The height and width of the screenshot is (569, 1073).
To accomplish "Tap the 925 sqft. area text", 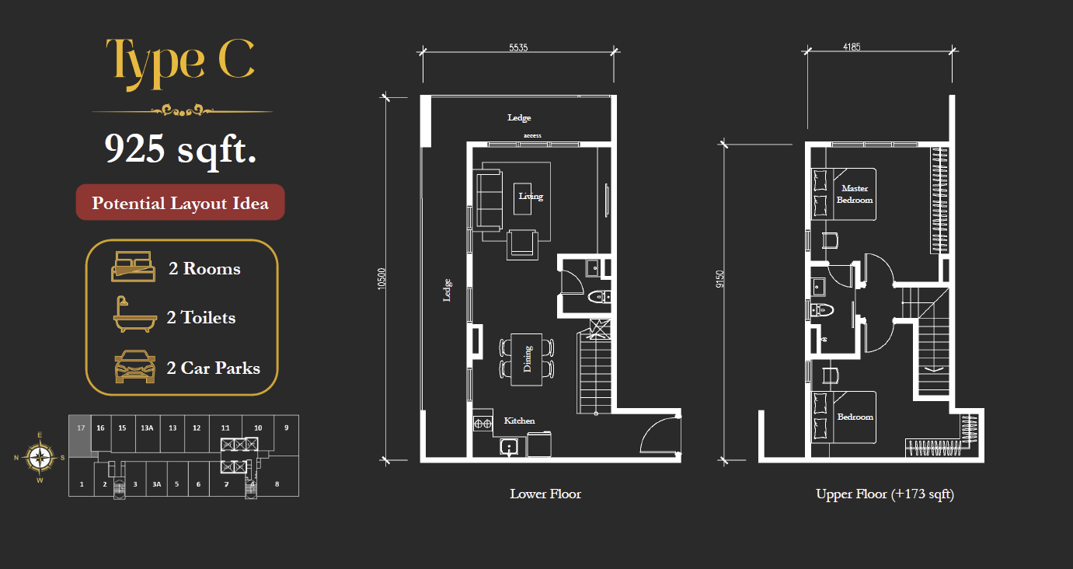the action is click(x=180, y=149).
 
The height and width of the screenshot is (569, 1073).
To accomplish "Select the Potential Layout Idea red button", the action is click(x=180, y=202).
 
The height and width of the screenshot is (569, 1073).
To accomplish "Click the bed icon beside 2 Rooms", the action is click(x=133, y=267).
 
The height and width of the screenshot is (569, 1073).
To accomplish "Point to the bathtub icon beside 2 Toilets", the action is click(x=134, y=315).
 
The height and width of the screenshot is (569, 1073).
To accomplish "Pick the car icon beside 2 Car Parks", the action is click(x=135, y=367).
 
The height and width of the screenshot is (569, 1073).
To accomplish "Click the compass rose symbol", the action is click(x=40, y=457).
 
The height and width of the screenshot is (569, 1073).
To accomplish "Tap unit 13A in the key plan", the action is click(x=147, y=428).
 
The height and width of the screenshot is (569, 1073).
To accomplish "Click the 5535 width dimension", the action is click(x=518, y=47).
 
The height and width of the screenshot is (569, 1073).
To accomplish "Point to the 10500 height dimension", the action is click(x=381, y=278).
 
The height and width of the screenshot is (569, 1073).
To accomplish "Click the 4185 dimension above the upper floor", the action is click(x=852, y=47).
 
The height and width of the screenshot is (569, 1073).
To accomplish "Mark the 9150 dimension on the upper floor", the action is click(x=720, y=279).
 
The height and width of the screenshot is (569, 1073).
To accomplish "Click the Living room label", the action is click(x=531, y=196).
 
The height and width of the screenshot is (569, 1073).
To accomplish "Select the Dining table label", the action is click(x=528, y=359).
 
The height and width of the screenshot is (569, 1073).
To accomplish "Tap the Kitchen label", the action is click(x=519, y=421).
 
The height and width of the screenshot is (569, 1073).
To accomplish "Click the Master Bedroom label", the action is click(x=855, y=194).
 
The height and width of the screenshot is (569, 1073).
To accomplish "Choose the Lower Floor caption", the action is click(x=545, y=494).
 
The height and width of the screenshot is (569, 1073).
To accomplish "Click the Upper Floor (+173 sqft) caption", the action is click(x=885, y=494).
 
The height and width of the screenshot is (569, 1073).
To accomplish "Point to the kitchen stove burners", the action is click(x=483, y=424).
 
